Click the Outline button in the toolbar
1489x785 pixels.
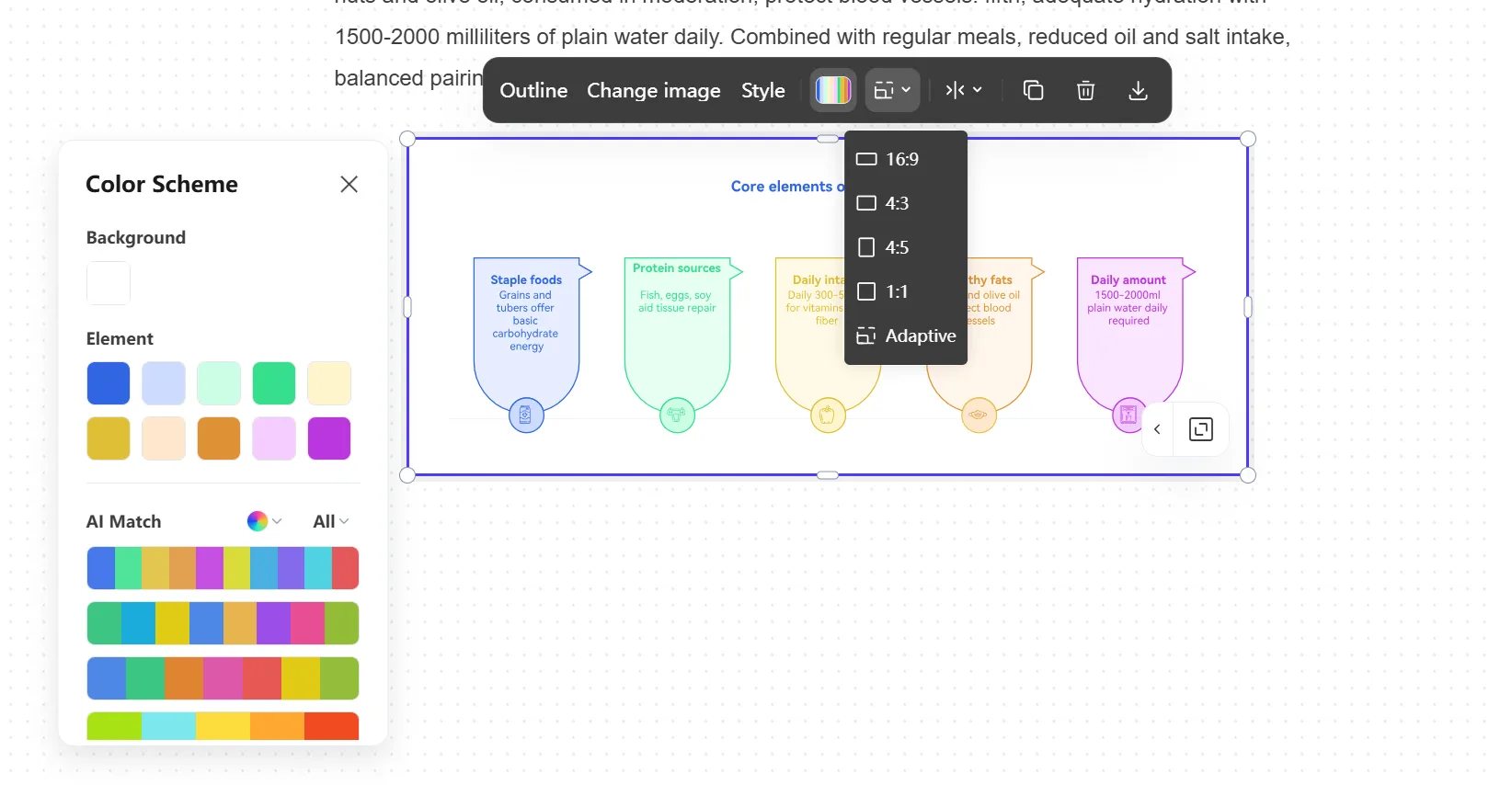click(533, 90)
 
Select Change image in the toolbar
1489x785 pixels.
click(653, 90)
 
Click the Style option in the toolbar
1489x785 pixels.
click(762, 90)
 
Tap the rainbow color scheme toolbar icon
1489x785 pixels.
click(833, 90)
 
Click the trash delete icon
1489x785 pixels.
click(1085, 90)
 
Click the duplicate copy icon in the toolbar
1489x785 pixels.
click(1033, 90)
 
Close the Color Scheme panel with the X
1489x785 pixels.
click(349, 184)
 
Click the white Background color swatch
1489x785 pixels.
click(109, 283)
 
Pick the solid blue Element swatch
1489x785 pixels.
click(109, 383)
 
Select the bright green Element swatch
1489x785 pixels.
click(274, 383)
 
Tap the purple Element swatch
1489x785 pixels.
click(329, 438)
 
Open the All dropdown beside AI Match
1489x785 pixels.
click(330, 521)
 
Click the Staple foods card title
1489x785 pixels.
click(526, 279)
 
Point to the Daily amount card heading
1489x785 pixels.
click(1128, 279)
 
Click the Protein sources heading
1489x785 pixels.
click(677, 268)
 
